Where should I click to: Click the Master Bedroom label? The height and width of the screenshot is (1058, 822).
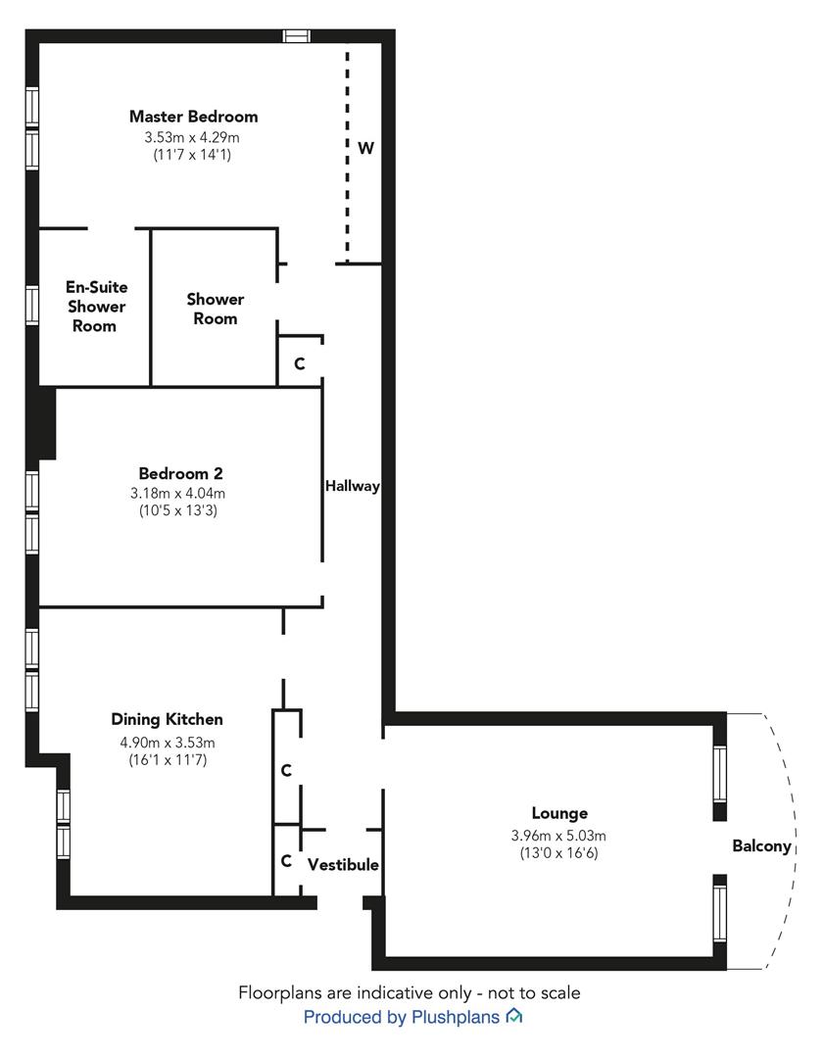pos(193,117)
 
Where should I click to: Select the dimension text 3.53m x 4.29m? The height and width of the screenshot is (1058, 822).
pos(193,136)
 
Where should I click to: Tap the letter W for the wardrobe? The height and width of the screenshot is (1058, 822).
pos(365,149)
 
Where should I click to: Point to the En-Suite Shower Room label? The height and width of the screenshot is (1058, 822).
pos(96,307)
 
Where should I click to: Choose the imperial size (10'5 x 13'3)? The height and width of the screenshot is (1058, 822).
pos(180,510)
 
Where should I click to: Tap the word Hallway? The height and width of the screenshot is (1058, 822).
pos(352,486)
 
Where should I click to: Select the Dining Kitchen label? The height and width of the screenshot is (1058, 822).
pos(167,719)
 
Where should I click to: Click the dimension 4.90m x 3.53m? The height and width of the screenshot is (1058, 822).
pos(167,741)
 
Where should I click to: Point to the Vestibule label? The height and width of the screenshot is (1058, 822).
pos(343,865)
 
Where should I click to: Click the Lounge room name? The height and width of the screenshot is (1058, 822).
pos(559,813)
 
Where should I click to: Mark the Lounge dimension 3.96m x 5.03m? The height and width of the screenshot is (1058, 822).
pos(559,836)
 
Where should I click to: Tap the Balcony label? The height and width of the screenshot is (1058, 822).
pos(761,846)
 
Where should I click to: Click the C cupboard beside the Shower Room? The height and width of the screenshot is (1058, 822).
pos(300,363)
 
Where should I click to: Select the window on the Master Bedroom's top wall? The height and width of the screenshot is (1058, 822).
pos(296,36)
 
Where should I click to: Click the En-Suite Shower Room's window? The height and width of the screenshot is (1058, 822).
pos(32,306)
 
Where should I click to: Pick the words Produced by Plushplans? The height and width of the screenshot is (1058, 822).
pos(403,1018)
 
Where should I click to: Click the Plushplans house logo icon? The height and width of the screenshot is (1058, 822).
pos(513,1017)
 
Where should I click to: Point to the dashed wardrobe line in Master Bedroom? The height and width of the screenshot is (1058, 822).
pos(346,152)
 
